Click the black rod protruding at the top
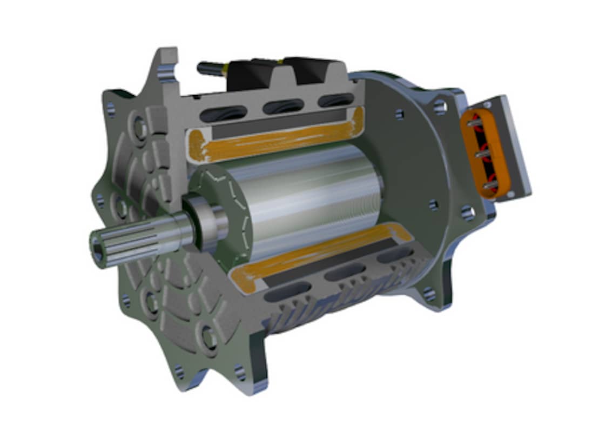[x=211, y=70]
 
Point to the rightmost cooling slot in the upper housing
[x=335, y=101]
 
